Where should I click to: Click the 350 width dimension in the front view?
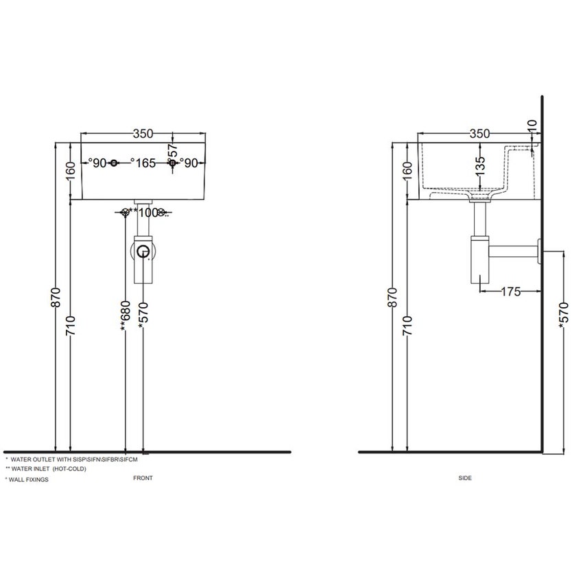(143, 134)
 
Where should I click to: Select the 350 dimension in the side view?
(479, 134)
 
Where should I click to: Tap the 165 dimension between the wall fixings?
(145, 163)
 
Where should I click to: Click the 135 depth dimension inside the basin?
(479, 168)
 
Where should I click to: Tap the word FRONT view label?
(143, 477)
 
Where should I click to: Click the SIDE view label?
(464, 477)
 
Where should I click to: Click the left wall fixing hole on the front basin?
(115, 163)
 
